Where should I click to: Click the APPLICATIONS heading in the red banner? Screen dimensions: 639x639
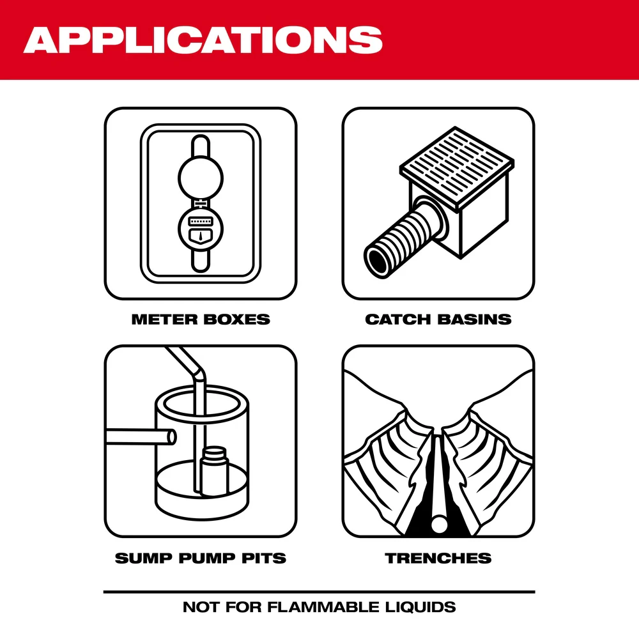203,40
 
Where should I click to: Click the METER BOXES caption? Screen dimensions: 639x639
201,319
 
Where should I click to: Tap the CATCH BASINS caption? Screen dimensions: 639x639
438,319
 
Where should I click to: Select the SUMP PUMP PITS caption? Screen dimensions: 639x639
201,558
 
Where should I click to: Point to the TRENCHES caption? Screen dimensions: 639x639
438,558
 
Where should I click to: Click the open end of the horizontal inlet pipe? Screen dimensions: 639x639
170,437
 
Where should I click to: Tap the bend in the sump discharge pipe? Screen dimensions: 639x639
199,372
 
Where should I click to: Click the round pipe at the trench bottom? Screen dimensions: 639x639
438,524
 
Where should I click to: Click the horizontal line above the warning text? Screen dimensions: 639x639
319,592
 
